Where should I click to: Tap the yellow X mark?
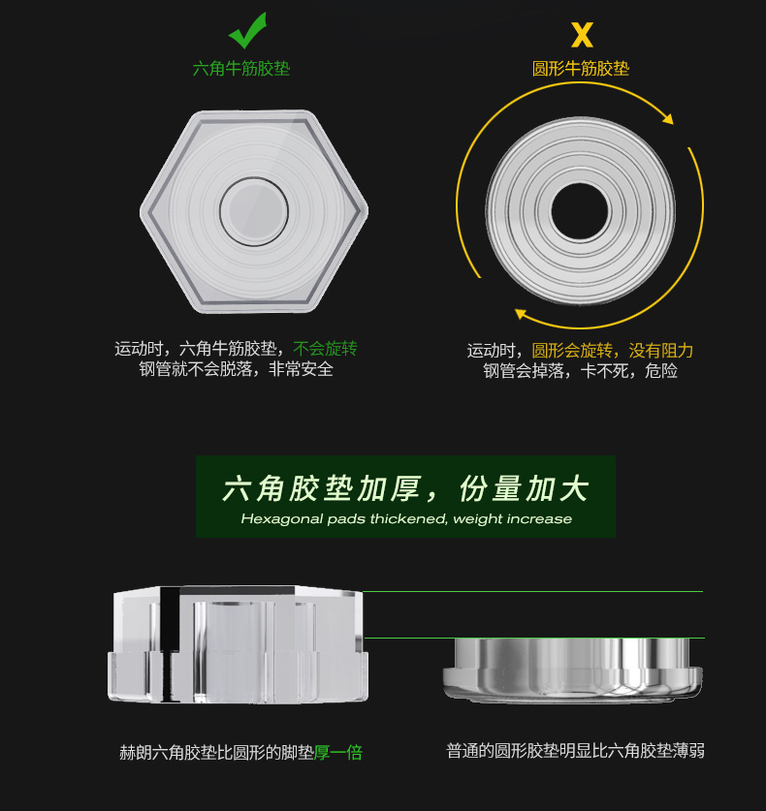[x=582, y=35]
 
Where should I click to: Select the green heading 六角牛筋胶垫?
[x=241, y=68]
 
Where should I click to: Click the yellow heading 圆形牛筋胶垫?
[x=581, y=68]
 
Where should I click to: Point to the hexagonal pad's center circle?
[x=254, y=211]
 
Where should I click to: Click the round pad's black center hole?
[x=580, y=211]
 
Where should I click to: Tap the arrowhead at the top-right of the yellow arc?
[x=668, y=118]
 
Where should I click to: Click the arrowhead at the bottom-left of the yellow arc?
[x=521, y=313]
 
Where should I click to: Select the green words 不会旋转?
[x=325, y=349]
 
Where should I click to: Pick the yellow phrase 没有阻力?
[x=661, y=351]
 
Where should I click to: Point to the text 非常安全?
[x=301, y=369]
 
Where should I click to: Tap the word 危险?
[x=661, y=371]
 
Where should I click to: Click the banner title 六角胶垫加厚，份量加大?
[x=405, y=488]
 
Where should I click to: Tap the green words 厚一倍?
[x=338, y=753]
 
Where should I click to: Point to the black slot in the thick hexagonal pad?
[x=170, y=644]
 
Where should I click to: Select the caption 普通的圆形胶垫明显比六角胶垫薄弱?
[x=575, y=751]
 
